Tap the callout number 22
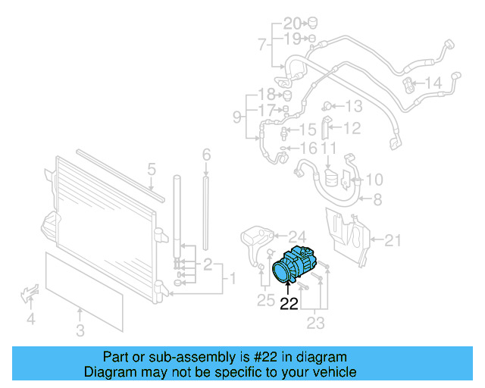[289, 304]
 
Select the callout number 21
[392, 241]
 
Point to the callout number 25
[265, 300]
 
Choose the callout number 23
[315, 324]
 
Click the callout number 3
[80, 330]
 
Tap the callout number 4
[31, 319]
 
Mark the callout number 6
[205, 155]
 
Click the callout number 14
[433, 83]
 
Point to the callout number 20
[292, 22]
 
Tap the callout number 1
[233, 279]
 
